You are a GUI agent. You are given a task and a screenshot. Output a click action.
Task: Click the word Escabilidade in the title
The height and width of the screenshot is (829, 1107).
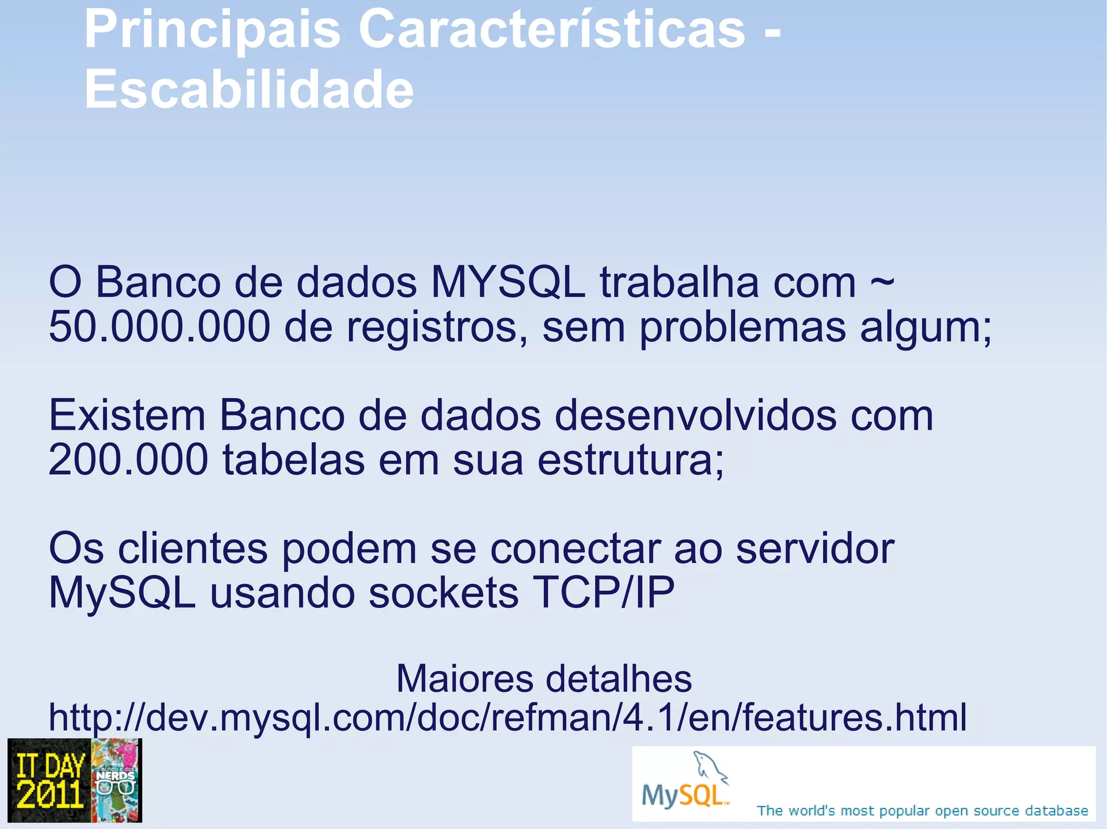tap(249, 90)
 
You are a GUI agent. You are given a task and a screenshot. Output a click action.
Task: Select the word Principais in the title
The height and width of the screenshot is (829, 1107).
tap(212, 30)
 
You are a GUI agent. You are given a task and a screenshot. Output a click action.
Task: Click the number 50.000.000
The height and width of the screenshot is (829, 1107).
tap(159, 327)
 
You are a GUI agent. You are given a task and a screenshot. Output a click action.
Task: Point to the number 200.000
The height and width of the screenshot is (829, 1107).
tap(128, 460)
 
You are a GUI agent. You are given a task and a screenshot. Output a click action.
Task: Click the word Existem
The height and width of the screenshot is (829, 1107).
tap(127, 415)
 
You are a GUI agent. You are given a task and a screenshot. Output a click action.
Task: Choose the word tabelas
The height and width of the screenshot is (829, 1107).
tap(293, 460)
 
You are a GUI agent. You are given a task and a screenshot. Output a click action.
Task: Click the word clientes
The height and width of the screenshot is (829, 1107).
tap(192, 548)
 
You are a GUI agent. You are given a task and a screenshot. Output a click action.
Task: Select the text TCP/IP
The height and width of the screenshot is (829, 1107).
tap(603, 592)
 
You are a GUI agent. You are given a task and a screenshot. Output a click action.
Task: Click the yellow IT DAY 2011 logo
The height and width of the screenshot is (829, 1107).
tap(50, 780)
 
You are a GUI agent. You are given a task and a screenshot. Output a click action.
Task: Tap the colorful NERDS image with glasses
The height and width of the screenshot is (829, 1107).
tap(116, 780)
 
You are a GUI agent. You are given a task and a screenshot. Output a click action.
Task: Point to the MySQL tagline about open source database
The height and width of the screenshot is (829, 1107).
tap(922, 811)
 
